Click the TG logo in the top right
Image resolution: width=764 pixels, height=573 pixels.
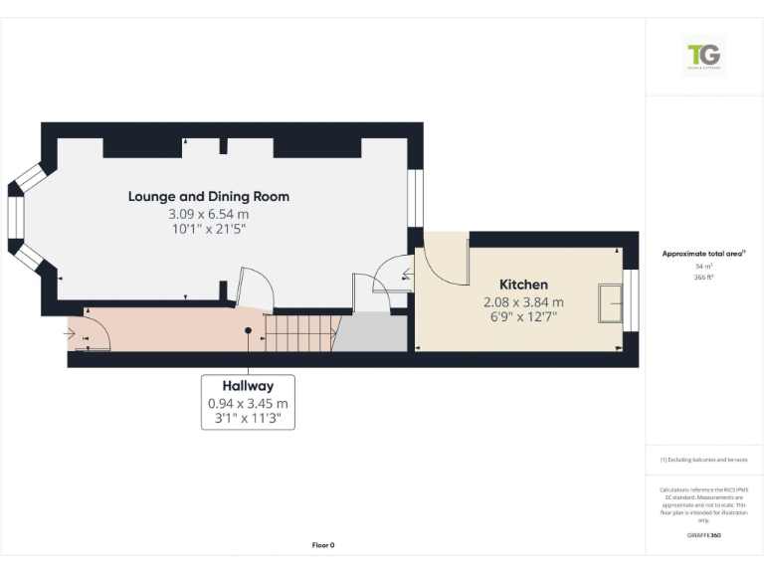[704, 56]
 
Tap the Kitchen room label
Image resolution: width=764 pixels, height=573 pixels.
[523, 285]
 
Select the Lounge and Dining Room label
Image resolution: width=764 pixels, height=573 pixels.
[209, 196]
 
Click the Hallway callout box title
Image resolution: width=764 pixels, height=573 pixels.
[248, 385]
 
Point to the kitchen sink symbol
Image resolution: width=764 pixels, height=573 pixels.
[608, 303]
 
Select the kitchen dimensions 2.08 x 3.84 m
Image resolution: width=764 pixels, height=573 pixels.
[523, 302]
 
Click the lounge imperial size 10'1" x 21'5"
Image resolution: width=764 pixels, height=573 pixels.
[208, 229]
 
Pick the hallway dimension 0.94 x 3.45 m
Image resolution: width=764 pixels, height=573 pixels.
[248, 403]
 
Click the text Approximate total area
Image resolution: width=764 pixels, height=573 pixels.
[703, 254]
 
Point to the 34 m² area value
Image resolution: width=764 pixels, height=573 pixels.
[703, 267]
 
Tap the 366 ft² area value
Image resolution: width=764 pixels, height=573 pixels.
[703, 278]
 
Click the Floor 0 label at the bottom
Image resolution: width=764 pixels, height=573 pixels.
[323, 545]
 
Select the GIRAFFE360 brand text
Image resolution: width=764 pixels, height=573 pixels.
[703, 536]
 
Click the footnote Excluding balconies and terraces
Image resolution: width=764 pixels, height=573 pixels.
[703, 460]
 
